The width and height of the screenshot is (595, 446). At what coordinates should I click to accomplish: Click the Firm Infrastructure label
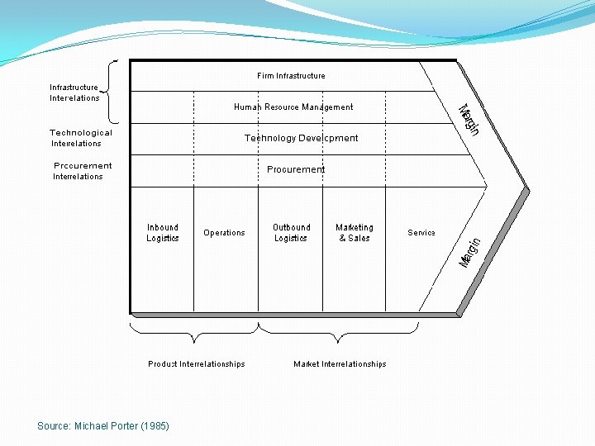coord(291,76)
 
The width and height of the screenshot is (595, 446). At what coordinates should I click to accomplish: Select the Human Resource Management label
coord(293,107)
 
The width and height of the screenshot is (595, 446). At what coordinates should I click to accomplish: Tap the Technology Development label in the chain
coord(301,138)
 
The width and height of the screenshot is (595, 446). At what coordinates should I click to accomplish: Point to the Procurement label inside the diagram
coord(296,169)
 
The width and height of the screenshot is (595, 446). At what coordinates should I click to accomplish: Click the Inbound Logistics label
coord(163,233)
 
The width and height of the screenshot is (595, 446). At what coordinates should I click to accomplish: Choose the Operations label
coord(224,233)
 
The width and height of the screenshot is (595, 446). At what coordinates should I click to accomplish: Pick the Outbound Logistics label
coord(291,233)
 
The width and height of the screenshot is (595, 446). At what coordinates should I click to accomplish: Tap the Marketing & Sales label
coord(355,233)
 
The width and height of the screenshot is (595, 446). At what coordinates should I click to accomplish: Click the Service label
coord(421,233)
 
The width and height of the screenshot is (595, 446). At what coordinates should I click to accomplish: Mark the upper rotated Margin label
coord(469,121)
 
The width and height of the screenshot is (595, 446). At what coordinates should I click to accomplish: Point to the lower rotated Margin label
coord(469,253)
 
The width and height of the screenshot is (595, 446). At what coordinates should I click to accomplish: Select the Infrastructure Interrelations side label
coord(74,93)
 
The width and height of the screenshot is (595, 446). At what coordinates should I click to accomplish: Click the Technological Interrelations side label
coord(80,138)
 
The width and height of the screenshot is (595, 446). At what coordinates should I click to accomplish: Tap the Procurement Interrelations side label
coord(82,171)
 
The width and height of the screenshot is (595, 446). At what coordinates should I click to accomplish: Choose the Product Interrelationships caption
coord(197,364)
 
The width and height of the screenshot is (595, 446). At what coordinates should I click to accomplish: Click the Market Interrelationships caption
coord(340,364)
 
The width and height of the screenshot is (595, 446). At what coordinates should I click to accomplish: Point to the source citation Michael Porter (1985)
coord(103,426)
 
